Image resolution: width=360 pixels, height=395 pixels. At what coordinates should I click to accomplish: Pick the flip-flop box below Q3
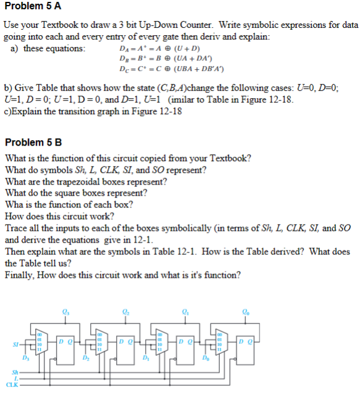click(65, 341)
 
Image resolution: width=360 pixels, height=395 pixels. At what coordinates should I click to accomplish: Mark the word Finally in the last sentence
click(19, 274)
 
